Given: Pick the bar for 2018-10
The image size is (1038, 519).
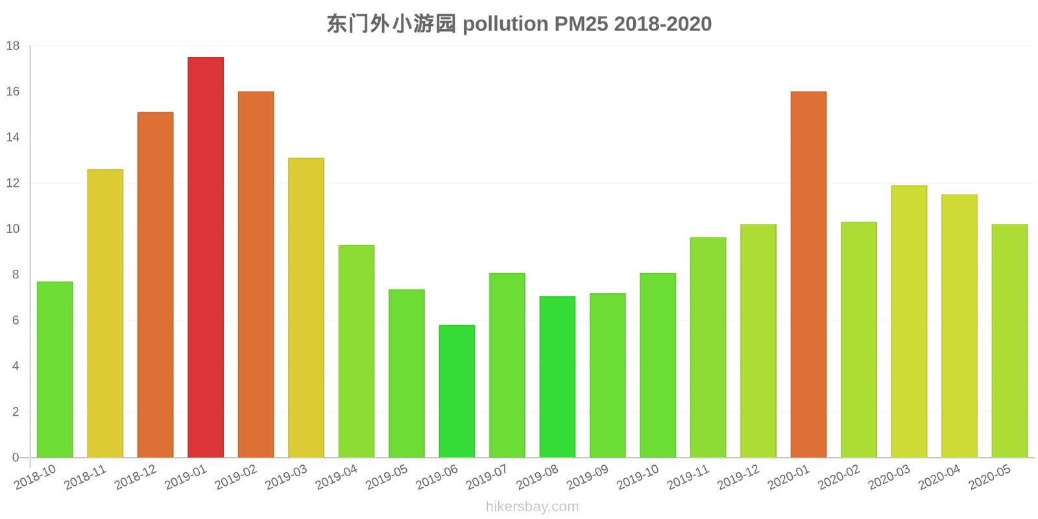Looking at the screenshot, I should point(55,370).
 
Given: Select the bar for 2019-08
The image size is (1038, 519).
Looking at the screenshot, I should point(557,377).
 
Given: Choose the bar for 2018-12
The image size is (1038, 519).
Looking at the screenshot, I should point(156,285).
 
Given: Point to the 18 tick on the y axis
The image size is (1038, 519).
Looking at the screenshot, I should point(13,46).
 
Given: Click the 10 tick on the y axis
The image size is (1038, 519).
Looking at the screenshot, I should point(13,229).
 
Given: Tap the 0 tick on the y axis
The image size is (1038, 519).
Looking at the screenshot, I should point(16,457).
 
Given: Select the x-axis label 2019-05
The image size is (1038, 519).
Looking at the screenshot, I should point(387,477).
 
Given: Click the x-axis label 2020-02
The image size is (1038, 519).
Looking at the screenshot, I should point(839,477).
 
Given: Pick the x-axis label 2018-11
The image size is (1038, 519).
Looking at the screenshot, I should point(85,477).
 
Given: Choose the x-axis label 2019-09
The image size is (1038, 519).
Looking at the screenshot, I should point(587,477).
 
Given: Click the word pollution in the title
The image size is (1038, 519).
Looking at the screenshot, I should point(505,24).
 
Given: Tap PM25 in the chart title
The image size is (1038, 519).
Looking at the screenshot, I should point(581,24).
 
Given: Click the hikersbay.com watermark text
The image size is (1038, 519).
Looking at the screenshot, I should point(532,507).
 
